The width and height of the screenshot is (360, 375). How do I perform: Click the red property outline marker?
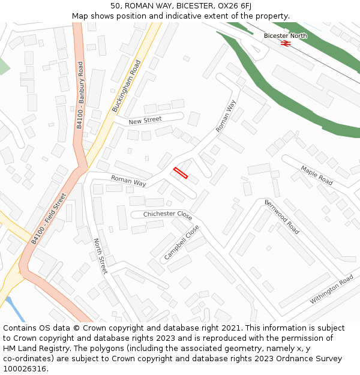181,173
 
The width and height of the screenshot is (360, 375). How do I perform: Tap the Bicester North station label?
285,36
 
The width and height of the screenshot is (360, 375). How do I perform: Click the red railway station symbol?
286,43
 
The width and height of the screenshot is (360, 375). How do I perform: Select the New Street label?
145,120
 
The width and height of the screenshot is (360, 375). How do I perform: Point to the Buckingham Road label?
126,86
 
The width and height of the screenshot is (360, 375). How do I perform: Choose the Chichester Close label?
168,215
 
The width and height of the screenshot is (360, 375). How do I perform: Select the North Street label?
100,256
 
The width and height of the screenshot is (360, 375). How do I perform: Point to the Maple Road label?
317,175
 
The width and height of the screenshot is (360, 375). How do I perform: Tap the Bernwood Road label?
281,217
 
